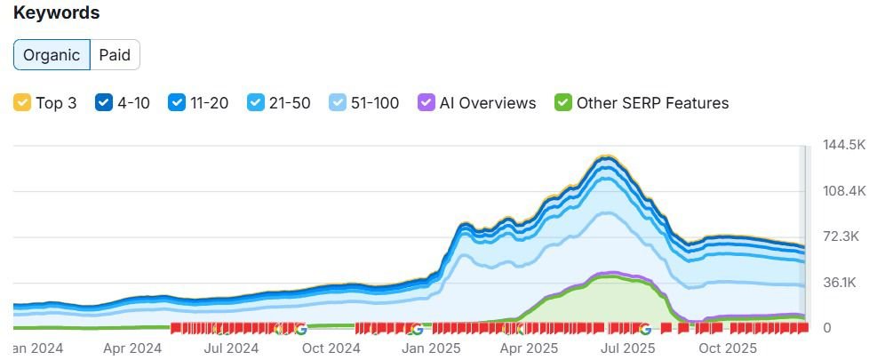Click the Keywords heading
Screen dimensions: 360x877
56,13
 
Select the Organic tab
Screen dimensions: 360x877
52,55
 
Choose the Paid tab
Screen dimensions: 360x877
115,55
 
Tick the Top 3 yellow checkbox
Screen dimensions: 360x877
22,103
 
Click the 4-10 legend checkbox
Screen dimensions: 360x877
104,103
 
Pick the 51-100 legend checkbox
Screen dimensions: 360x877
338,103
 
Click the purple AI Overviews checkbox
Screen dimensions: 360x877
426,103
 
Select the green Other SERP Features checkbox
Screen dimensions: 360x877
562,103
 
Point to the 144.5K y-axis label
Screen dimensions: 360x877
843,145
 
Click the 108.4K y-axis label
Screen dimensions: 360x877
843,191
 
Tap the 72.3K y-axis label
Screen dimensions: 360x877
843,236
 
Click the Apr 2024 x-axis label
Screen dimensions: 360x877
132,348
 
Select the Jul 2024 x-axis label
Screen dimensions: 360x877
231,348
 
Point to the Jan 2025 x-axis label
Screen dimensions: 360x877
430,348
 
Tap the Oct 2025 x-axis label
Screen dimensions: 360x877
728,348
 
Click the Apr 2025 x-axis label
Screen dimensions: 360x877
530,348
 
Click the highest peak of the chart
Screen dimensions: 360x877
605,157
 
